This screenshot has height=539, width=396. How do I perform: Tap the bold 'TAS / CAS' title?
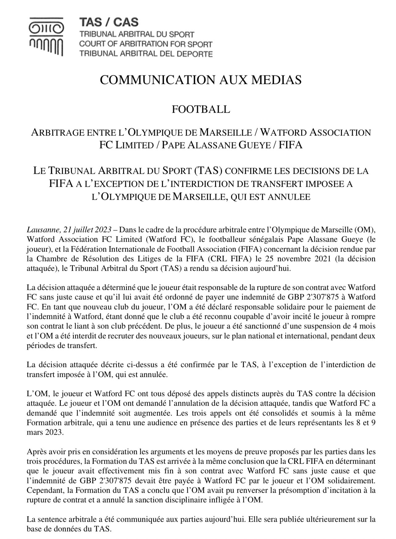click(109, 22)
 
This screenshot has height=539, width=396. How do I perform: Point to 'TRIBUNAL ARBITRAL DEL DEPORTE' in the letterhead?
click(146, 53)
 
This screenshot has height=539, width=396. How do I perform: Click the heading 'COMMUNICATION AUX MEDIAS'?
click(201, 80)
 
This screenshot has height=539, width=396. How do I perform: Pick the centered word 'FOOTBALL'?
click(201, 109)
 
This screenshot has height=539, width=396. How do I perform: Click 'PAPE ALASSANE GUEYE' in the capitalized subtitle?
click(219, 145)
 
